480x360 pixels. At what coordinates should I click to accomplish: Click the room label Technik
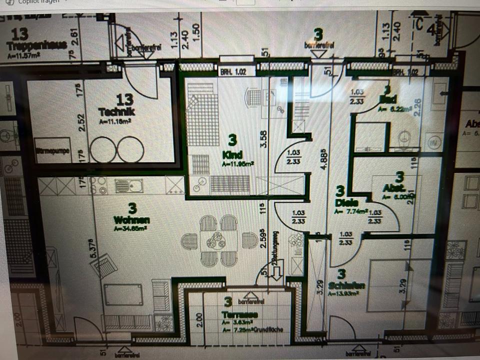(x=117, y=111)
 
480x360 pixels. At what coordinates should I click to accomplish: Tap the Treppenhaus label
(x=36, y=45)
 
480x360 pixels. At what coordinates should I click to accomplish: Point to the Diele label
(x=344, y=203)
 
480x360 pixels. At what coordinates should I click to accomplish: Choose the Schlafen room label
(x=347, y=285)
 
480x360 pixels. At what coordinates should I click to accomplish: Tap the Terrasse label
(x=240, y=315)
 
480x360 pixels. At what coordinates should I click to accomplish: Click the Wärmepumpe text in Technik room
(x=52, y=150)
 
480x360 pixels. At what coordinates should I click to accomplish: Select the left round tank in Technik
(x=102, y=149)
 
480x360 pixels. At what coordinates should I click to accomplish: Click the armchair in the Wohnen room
(x=105, y=263)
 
